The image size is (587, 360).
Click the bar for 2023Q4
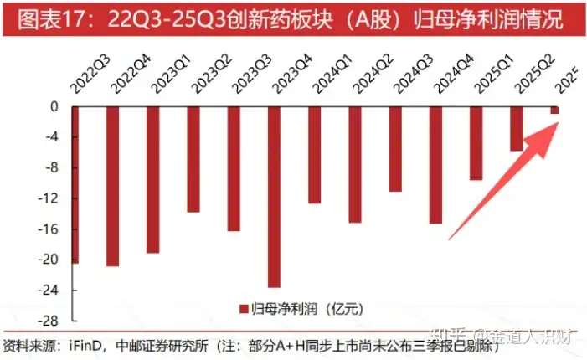[x=274, y=197]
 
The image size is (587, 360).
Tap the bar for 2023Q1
[x=152, y=179]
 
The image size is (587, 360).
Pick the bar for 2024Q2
[x=354, y=164]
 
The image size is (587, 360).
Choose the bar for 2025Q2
[x=517, y=129]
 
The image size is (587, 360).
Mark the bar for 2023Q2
[x=193, y=159]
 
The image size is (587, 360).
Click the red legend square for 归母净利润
[x=244, y=307]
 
